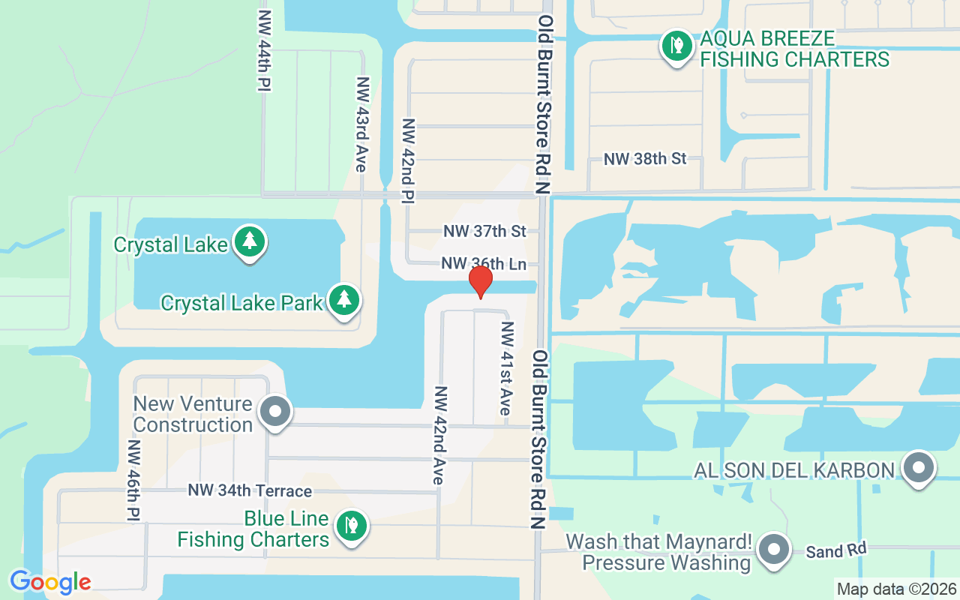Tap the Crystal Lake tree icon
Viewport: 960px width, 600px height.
pos(250,241)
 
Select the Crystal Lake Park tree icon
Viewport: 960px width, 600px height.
pos(344,300)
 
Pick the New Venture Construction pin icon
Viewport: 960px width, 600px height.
pos(275,411)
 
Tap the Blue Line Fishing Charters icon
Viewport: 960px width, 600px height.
pos(349,526)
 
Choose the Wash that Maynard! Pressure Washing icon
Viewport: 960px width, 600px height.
pos(773,550)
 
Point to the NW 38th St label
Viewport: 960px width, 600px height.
pos(645,159)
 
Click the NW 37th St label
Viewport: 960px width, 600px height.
pos(484,232)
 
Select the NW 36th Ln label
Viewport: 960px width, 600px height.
pos(483,264)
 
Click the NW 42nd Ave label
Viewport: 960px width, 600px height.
pos(440,436)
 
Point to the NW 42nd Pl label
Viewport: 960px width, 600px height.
pos(409,160)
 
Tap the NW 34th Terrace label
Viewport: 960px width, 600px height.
pos(250,490)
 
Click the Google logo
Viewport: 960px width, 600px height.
pos(50,582)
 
